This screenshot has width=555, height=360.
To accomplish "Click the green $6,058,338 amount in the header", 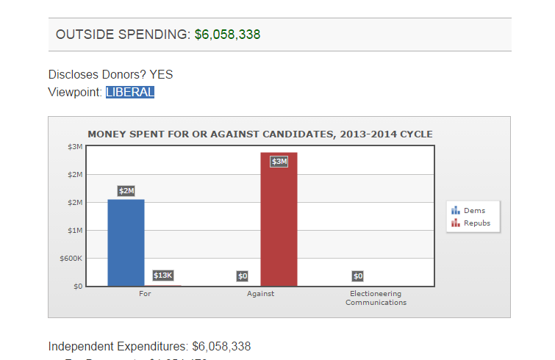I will click(227, 35).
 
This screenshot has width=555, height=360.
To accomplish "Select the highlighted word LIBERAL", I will click(130, 92).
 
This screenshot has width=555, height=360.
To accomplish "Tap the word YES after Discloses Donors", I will click(161, 74).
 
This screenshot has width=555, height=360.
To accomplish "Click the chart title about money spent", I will click(260, 134).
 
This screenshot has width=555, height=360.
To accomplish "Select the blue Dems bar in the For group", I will click(126, 242).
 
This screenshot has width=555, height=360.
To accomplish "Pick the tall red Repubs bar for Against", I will click(279, 220).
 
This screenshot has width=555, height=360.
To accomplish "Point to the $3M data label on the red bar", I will click(279, 162).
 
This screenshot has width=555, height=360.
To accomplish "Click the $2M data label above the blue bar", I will click(126, 191).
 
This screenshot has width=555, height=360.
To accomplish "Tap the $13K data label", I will click(162, 276).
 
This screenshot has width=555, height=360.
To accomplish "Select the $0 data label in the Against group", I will click(243, 276).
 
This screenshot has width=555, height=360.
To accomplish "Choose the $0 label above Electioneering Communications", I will click(358, 276).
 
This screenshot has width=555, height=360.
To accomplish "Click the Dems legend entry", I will click(474, 211).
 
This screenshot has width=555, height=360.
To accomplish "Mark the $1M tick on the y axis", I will click(76, 231).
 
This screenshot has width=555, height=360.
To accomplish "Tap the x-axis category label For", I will click(145, 294).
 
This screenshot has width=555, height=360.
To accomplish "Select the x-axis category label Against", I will click(261, 294).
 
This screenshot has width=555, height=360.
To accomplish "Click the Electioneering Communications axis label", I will click(376, 298).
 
